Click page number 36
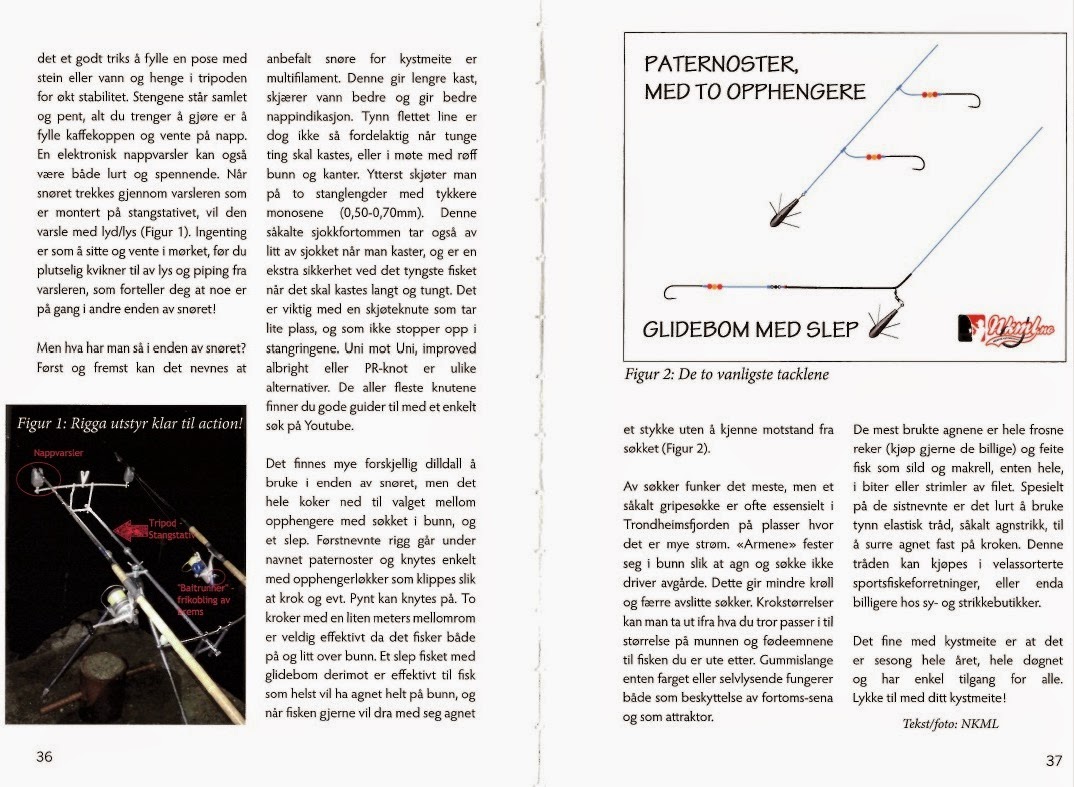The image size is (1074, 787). point(44,757)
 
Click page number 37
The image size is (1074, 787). point(1053,759)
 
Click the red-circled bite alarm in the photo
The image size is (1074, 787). point(38,478)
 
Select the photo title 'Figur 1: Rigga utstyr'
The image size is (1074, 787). point(130,423)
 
